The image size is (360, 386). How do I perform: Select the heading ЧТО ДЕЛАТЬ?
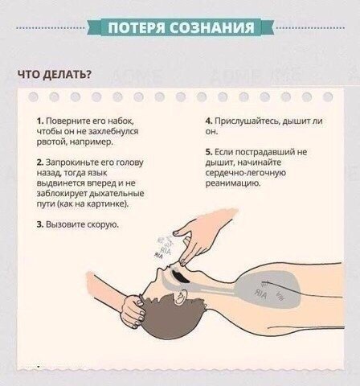point(55,75)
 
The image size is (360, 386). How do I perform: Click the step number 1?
point(40,121)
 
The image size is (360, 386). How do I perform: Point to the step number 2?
point(40,162)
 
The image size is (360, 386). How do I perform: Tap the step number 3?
point(40,224)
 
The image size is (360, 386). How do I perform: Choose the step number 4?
point(209,121)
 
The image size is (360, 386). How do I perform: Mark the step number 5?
point(209,152)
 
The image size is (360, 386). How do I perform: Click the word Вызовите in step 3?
point(66,224)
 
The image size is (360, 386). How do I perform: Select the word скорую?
point(103,225)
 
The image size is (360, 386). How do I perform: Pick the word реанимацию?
point(233,183)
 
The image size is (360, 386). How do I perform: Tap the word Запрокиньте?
point(72,162)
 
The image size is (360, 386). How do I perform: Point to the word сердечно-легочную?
point(246,173)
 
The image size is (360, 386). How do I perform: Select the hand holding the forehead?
point(133,311)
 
